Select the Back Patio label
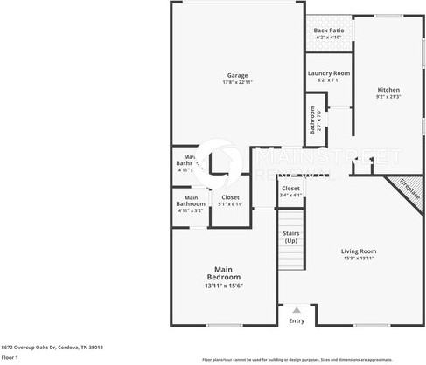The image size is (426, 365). tap(329, 31)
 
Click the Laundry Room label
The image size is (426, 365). tap(329, 73)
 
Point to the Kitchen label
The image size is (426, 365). tap(388, 90)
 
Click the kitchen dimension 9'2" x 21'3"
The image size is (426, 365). tap(388, 97)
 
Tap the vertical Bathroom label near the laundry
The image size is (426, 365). tap(312, 121)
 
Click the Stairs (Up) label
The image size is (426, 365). tap(291, 237)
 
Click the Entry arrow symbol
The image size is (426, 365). tap(297, 310)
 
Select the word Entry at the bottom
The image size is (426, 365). tap(297, 320)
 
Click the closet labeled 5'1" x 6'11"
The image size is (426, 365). tap(230, 200)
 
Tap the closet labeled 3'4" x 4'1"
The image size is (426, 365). tap(290, 191)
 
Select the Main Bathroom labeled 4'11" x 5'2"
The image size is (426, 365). tap(190, 207)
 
